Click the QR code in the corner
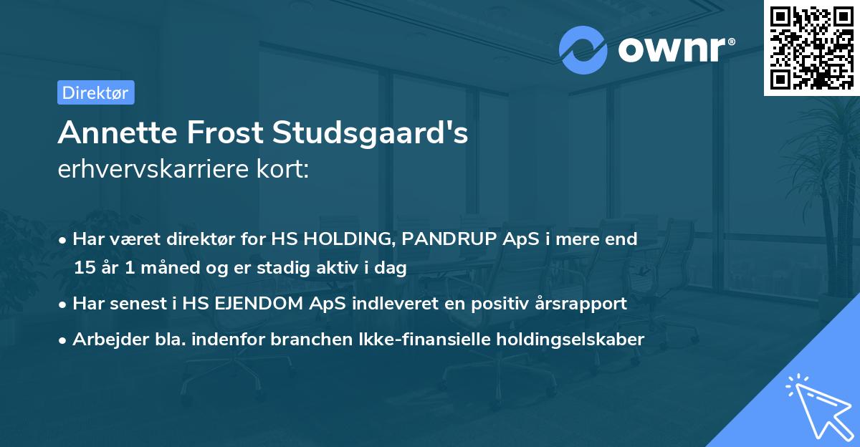pos(811,47)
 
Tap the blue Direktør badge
pos(95,92)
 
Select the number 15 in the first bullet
pos(85,269)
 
